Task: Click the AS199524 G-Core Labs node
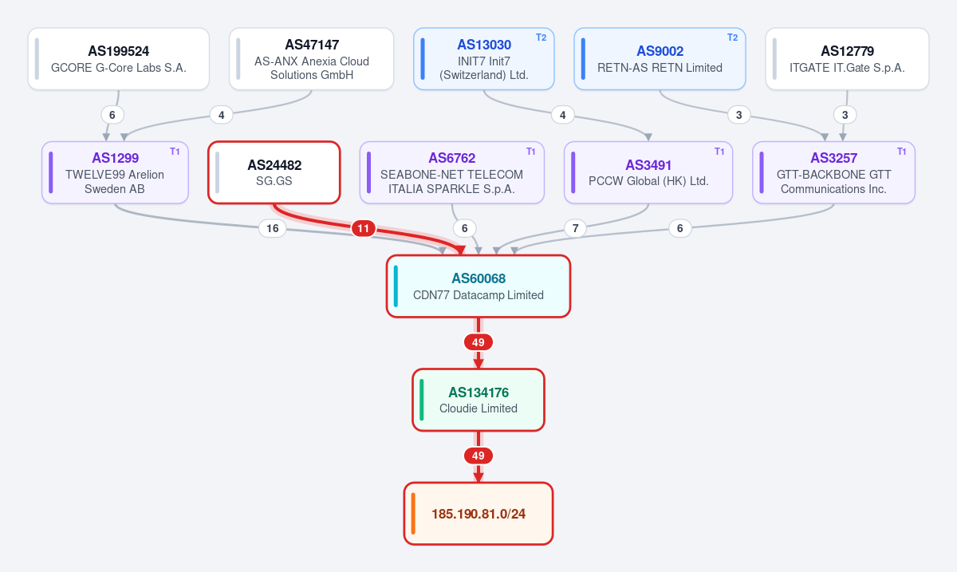point(119,59)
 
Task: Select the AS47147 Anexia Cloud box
point(312,59)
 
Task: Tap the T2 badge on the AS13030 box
point(541,37)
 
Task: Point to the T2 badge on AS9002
point(732,37)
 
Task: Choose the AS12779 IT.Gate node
point(847,59)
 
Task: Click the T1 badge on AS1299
point(175,152)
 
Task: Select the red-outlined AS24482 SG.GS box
point(274,172)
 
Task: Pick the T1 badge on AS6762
point(530,152)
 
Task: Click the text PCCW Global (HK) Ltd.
point(648,181)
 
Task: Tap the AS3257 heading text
point(834,158)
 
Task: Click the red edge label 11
point(363,228)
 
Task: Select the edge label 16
point(273,228)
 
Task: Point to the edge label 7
point(576,228)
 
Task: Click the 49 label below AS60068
point(478,342)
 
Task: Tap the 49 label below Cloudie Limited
point(478,456)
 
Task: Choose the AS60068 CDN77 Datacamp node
point(478,286)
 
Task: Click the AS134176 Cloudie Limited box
point(478,400)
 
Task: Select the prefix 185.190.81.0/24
point(478,514)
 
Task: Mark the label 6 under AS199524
point(112,115)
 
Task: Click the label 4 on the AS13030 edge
point(563,115)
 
